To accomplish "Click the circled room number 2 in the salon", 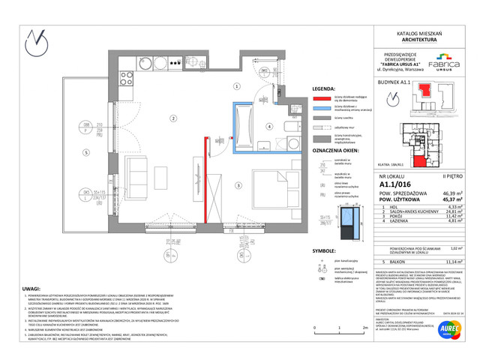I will tap(172, 118).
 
